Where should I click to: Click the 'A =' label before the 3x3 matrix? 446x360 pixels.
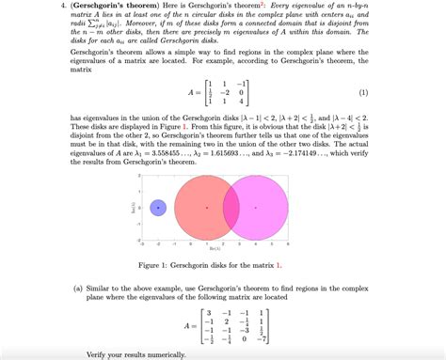click(x=195, y=93)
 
